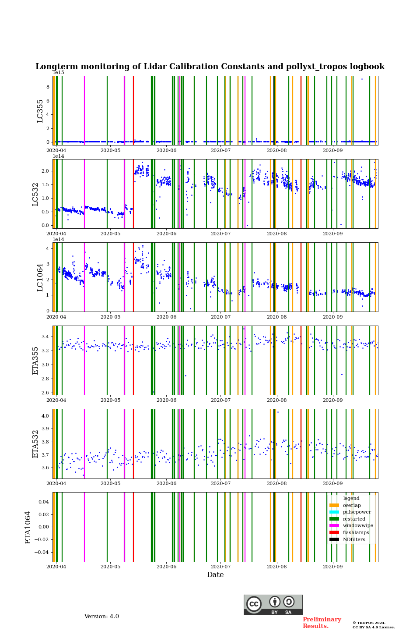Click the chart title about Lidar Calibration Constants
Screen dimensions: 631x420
click(x=210, y=67)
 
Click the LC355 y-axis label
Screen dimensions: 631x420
click(x=40, y=111)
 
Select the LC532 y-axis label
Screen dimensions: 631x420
click(x=35, y=194)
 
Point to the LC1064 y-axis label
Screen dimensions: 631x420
click(x=40, y=277)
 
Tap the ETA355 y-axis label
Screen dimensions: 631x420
click(x=35, y=361)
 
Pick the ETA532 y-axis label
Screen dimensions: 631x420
click(x=35, y=444)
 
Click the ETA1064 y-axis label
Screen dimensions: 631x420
click(x=28, y=527)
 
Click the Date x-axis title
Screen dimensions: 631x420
click(x=215, y=575)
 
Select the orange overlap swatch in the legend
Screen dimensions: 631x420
click(x=334, y=505)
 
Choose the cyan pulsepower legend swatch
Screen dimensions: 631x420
click(x=334, y=512)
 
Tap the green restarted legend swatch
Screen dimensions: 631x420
click(x=334, y=519)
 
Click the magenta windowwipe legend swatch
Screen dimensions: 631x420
click(x=334, y=526)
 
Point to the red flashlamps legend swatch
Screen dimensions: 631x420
click(x=334, y=533)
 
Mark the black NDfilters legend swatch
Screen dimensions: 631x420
click(x=334, y=539)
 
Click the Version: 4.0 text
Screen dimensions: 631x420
click(x=101, y=617)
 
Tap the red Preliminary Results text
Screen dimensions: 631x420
click(x=322, y=623)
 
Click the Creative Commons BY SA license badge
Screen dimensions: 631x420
click(x=273, y=605)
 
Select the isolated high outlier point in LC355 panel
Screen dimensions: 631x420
click(x=362, y=79)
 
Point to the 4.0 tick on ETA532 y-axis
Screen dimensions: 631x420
click(x=45, y=416)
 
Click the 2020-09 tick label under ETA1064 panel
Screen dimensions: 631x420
click(x=332, y=566)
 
